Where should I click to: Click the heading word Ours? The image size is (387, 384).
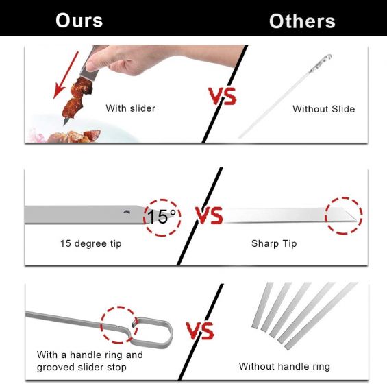coord(79,21)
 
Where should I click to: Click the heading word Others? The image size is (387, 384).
coord(302,21)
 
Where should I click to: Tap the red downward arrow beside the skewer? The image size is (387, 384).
coord(66,75)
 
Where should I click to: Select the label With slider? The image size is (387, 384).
coord(130,108)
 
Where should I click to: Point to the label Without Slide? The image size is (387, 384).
coord(323,109)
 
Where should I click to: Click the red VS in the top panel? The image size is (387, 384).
coord(222,96)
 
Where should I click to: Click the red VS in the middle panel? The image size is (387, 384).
coord(210,215)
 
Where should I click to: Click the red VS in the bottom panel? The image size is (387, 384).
coord(200,331)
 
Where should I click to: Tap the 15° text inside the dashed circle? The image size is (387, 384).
coord(161,217)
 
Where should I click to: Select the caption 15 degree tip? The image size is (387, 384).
coord(91,243)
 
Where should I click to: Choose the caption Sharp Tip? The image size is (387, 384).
coord(274,243)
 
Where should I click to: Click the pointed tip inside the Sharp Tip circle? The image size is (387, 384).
coord(356,221)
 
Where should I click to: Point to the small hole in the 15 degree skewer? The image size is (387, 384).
coord(127,213)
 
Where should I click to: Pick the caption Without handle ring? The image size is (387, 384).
coord(284,366)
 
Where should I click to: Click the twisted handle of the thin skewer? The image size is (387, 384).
coord(321,64)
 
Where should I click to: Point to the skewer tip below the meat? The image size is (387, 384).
coord(66,122)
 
